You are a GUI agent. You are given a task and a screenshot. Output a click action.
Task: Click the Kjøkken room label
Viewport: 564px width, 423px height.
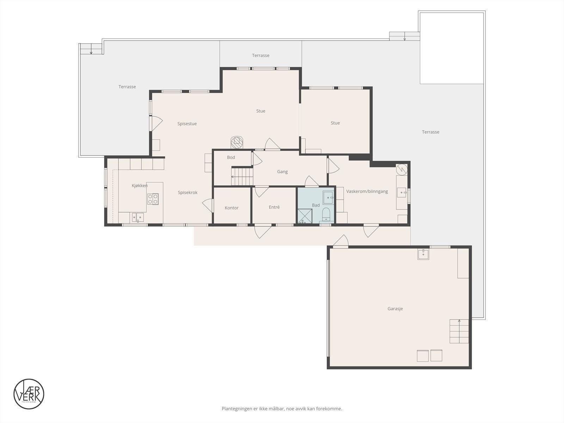click(x=140, y=185)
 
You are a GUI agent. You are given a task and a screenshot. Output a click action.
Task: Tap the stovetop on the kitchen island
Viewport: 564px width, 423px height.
click(x=153, y=199)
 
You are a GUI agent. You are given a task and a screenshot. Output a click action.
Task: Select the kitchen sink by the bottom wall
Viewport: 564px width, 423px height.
click(x=138, y=217)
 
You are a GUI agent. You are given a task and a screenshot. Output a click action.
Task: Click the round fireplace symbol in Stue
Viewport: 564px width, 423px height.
click(x=237, y=142)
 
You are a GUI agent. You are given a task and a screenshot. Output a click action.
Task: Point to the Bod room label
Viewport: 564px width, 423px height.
click(x=231, y=157)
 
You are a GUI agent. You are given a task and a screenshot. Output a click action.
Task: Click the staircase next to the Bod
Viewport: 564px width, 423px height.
click(x=242, y=176)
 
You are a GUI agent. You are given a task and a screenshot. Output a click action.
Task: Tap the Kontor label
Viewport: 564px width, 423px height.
click(x=232, y=208)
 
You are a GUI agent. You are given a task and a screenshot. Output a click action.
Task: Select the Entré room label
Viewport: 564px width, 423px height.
click(x=274, y=207)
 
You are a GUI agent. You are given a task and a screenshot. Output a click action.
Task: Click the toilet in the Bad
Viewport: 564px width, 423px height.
click(x=326, y=214)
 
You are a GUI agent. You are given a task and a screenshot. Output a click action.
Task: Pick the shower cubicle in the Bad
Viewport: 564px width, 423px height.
click(x=305, y=216)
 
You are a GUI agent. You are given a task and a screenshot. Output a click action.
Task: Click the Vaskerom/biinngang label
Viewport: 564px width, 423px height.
click(x=367, y=191)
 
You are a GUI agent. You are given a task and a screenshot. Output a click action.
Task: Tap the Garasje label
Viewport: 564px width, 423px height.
click(x=395, y=309)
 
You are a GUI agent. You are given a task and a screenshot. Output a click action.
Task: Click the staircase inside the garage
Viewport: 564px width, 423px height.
click(x=459, y=331)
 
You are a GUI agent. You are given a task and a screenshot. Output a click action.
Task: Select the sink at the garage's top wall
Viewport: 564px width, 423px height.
click(x=423, y=254)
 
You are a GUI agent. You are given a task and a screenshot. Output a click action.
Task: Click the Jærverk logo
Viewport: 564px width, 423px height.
click(x=29, y=394)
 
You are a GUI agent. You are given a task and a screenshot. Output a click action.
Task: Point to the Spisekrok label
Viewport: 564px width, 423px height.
click(x=188, y=192)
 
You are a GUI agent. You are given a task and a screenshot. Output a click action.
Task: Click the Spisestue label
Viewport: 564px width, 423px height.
click(x=187, y=124)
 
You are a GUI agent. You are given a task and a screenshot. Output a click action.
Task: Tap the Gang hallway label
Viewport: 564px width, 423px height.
click(x=282, y=172)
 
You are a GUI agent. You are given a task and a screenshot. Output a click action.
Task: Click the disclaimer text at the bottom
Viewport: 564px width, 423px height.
click(x=282, y=409)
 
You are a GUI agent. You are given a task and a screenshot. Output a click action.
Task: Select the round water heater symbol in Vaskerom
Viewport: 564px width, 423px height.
click(x=401, y=170)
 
